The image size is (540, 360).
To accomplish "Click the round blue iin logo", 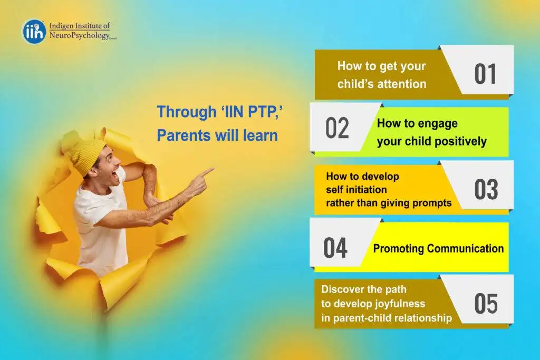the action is click(x=34, y=31).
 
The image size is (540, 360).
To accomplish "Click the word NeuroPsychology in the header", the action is click(x=80, y=35).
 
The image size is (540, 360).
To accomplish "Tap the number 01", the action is click(x=485, y=74).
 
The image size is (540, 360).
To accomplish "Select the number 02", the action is click(x=337, y=128).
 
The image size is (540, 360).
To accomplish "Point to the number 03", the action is click(x=486, y=189).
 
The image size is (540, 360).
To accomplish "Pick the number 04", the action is click(x=335, y=248).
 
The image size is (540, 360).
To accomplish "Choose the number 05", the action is click(x=486, y=304).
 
